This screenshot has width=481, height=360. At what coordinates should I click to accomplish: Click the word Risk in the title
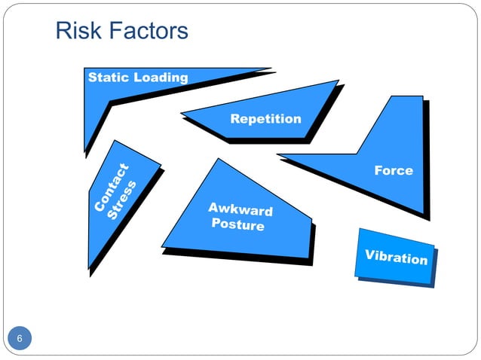click(x=76, y=31)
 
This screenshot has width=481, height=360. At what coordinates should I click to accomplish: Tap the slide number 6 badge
click(x=20, y=338)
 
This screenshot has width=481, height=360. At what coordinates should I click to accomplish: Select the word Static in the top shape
click(x=109, y=78)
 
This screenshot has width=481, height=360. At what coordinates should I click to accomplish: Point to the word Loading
click(x=161, y=78)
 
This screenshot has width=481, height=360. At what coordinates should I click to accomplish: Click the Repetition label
click(x=265, y=119)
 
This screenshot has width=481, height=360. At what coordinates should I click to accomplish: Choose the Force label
click(x=394, y=170)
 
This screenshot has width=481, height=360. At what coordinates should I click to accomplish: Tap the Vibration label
click(x=397, y=257)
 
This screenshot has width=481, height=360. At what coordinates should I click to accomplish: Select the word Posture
click(x=238, y=224)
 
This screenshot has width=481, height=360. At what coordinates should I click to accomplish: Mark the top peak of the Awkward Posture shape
click(x=218, y=159)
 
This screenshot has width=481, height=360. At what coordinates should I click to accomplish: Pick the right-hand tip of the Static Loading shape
click(x=270, y=69)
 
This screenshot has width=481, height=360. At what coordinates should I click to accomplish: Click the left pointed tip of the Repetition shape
click(x=181, y=115)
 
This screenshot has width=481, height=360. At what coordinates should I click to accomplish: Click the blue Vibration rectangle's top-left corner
click(x=359, y=229)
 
